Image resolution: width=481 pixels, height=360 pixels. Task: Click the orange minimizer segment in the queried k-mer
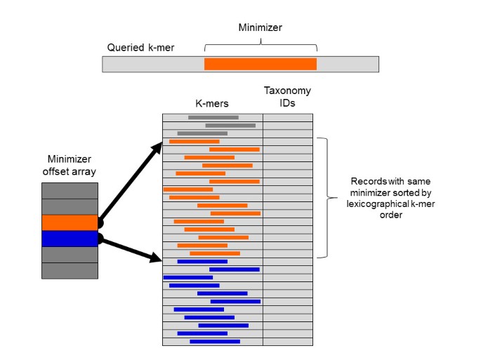[260, 64]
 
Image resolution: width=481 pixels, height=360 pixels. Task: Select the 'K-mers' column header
[213, 102]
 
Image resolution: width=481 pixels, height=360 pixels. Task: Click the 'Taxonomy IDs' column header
[287, 97]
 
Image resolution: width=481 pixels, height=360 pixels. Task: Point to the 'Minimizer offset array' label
[69, 165]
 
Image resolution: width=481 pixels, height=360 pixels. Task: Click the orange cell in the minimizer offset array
[70, 222]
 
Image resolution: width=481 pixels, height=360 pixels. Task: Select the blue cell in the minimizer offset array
[70, 239]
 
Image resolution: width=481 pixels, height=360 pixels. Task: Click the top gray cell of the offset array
[70, 190]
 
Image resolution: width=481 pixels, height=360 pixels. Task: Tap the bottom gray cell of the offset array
[70, 271]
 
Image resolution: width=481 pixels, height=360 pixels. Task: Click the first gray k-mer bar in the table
[213, 117]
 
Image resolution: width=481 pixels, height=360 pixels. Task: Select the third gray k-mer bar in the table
[202, 133]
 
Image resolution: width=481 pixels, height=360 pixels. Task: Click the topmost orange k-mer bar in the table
[194, 141]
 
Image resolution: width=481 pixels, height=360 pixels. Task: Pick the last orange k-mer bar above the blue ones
[215, 253]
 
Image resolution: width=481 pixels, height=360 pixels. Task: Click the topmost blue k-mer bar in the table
[202, 261]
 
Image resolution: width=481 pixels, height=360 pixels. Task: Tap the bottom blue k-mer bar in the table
[215, 342]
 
